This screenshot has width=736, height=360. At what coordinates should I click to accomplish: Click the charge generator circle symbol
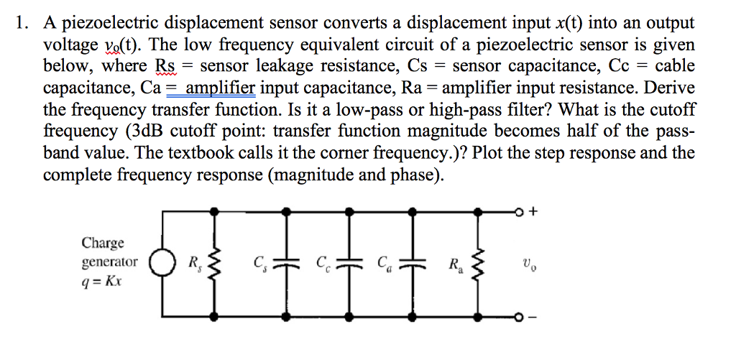[x=159, y=264]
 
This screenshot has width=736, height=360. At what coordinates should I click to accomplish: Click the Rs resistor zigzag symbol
[x=213, y=264]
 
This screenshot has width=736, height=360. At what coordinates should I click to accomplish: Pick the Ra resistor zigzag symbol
[x=476, y=264]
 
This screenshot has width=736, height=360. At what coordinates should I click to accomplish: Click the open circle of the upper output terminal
[x=519, y=211]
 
